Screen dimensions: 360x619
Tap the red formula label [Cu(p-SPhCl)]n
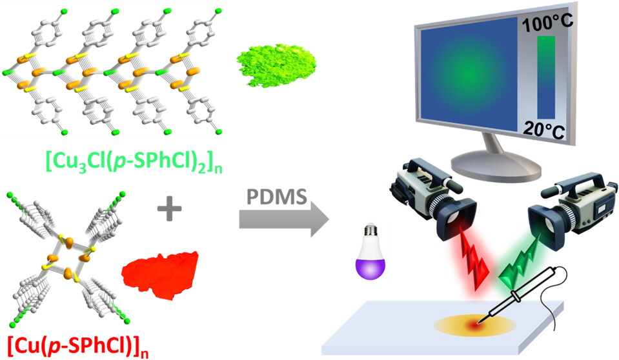click(80, 343)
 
